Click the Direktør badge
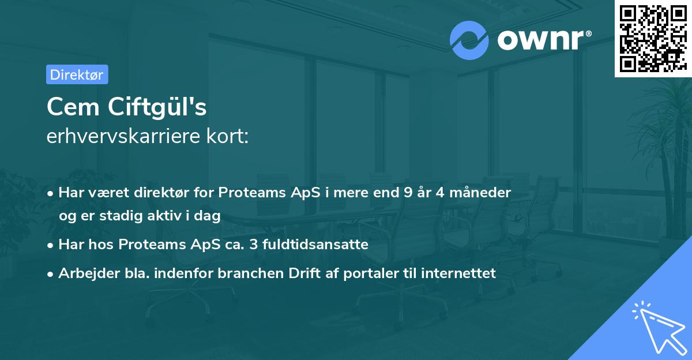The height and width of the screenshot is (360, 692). tap(77, 74)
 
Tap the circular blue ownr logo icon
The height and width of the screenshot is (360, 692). tap(469, 40)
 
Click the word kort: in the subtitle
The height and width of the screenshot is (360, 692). tap(230, 137)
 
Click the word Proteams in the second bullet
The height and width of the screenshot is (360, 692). tap(147, 245)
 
